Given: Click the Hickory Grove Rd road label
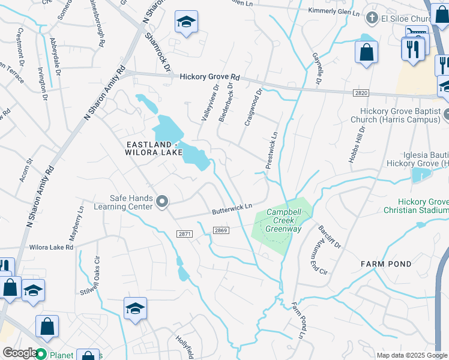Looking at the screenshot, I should (209, 77).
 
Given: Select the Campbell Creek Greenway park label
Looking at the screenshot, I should (283, 220).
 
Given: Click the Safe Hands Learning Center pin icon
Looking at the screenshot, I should (161, 203).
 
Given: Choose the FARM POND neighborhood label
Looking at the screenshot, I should (386, 264).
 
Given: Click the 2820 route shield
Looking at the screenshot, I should (360, 92).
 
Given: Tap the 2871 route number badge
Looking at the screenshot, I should (184, 233).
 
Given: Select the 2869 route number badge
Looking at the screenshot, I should (220, 231).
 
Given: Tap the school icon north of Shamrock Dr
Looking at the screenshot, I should (186, 23).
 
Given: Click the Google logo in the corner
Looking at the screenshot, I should (19, 353).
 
